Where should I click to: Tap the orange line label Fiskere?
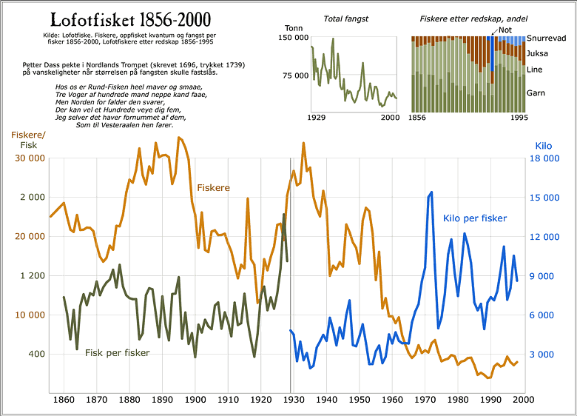click(213, 188)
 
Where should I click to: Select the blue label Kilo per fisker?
click(474, 218)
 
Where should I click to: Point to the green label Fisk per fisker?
click(117, 352)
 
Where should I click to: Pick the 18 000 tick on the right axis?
click(546, 158)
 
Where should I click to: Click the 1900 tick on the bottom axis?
click(195, 400)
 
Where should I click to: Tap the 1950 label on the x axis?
click(359, 400)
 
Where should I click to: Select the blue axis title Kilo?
click(543, 146)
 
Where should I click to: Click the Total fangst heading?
click(347, 18)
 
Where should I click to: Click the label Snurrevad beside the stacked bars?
click(547, 38)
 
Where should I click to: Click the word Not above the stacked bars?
click(505, 30)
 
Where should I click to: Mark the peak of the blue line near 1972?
click(431, 192)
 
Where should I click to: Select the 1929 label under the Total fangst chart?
click(317, 118)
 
